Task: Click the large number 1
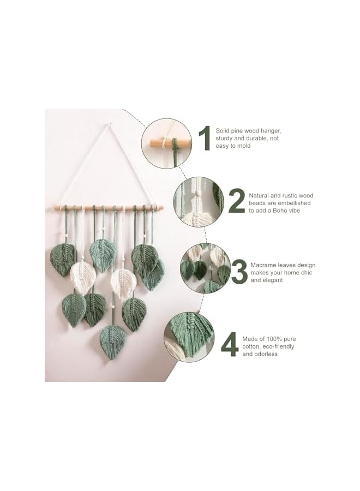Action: (204, 138)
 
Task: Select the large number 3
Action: (239, 272)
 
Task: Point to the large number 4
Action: (230, 345)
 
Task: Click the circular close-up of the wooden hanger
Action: (166, 143)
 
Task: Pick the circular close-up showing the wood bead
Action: (199, 201)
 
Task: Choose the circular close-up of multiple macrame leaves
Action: (206, 268)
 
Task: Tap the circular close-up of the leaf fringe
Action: (189, 337)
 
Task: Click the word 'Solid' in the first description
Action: (223, 131)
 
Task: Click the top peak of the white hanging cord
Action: (110, 124)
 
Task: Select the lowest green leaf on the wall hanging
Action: (112, 342)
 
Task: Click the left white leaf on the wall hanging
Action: (83, 276)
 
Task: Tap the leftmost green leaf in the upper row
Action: (63, 259)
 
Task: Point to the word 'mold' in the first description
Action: (243, 146)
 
